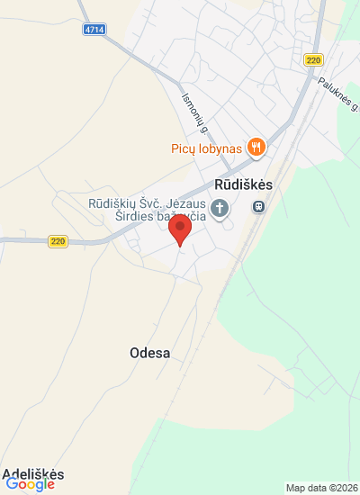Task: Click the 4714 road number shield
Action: tap(94, 30)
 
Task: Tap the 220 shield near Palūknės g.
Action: tap(313, 60)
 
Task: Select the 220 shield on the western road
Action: tap(58, 241)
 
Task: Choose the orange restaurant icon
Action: tap(256, 147)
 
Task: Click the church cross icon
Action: tap(220, 209)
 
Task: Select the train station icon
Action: tap(258, 208)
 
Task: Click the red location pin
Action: tap(181, 230)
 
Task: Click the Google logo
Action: tap(31, 485)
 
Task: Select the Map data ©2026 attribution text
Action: tap(320, 488)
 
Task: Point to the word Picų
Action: tap(184, 148)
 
